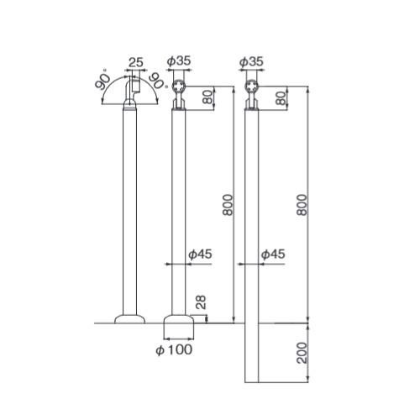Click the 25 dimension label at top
[136, 62]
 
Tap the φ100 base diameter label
[174, 349]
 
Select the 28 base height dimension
[201, 302]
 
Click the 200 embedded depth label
[302, 353]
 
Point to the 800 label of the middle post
[228, 205]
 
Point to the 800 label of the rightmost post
[302, 205]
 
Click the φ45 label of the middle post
[200, 255]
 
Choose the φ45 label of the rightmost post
[273, 255]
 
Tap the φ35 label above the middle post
[179, 61]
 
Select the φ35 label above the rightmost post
[251, 61]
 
